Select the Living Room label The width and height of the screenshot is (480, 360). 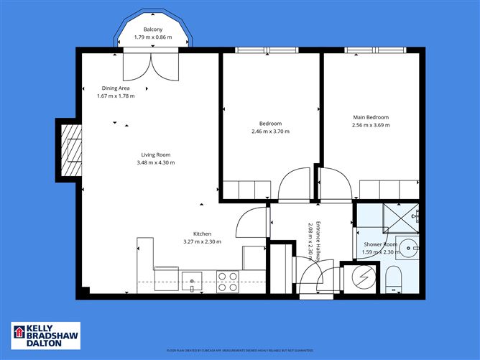tap(155, 154)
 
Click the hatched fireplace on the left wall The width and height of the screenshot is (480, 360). tap(70, 151)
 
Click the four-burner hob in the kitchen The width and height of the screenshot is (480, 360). tap(228, 281)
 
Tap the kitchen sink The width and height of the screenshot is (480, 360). tap(193, 280)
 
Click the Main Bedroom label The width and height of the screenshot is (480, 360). tap(370, 117)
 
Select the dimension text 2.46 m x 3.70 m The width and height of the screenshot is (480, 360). tap(270, 131)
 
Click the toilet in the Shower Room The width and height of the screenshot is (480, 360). tap(393, 278)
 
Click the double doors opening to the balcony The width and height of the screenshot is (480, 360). tap(149, 65)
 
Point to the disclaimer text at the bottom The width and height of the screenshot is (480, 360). tap(240, 351)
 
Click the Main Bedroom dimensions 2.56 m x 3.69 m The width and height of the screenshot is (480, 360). tap(371, 126)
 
